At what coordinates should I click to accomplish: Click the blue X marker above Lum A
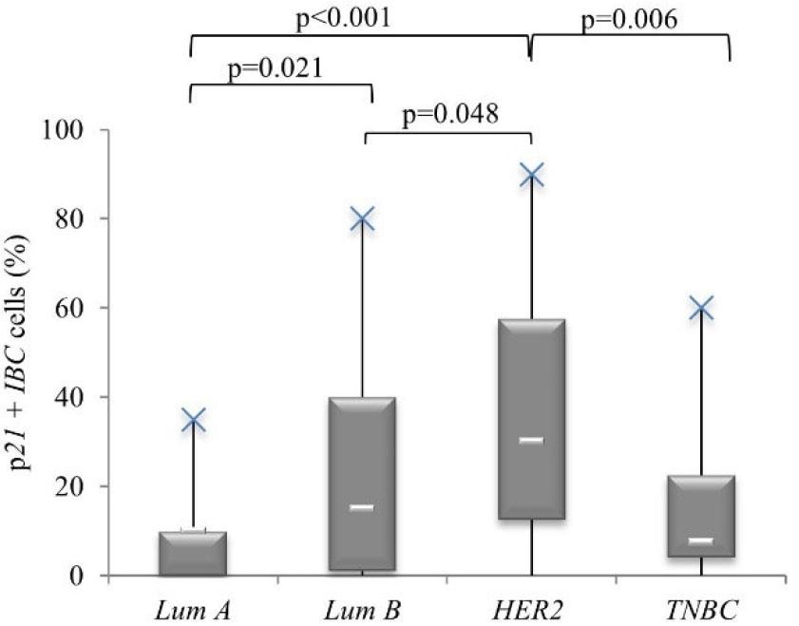tap(193, 419)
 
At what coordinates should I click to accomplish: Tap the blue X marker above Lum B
tap(363, 218)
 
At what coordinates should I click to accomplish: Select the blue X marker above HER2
tap(532, 175)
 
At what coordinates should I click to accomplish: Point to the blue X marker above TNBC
tap(701, 307)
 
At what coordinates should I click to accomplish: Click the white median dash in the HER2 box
tap(531, 440)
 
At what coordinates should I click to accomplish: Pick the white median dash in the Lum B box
tap(362, 507)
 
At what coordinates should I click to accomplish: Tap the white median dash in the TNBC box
tap(700, 541)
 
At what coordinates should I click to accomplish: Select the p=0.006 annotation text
tap(629, 21)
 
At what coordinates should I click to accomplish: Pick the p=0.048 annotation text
tap(450, 115)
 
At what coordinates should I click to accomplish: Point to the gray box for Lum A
tap(193, 554)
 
